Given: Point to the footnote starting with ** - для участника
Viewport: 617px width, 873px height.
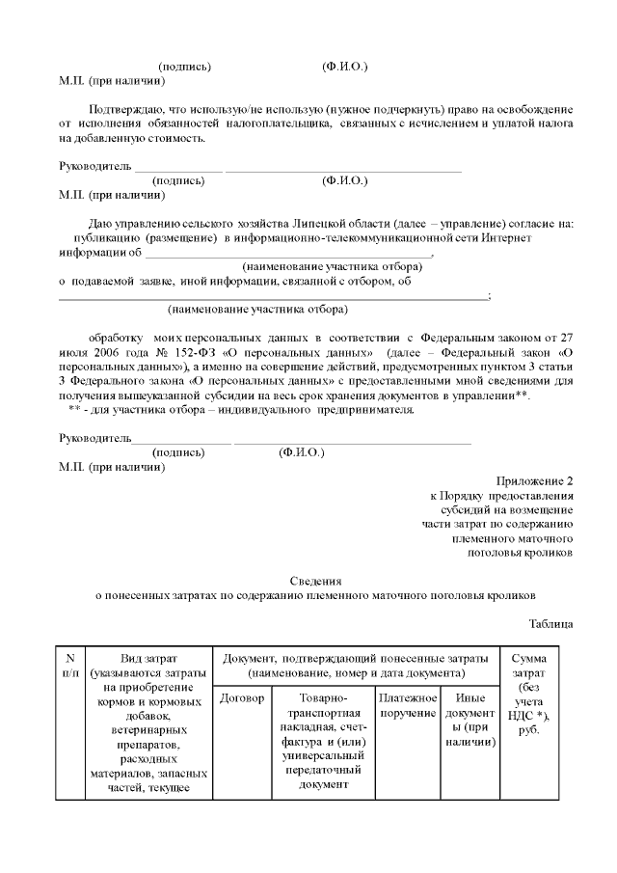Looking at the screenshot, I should pyautogui.click(x=241, y=409).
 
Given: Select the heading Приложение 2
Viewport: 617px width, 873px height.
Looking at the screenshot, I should pyautogui.click(x=535, y=480).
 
